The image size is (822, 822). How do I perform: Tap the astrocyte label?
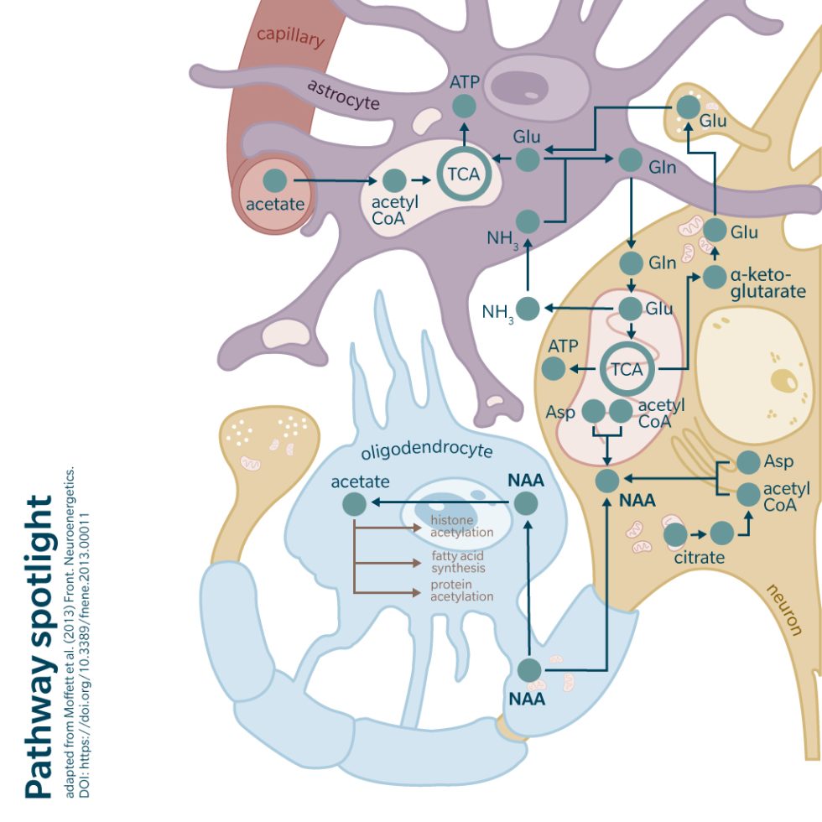[x=343, y=96]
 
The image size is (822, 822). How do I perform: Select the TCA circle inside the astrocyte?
[x=463, y=174]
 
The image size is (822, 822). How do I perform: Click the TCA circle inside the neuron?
[x=626, y=369]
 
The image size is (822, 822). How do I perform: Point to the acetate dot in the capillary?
[x=274, y=179]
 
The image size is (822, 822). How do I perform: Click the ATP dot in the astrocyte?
[x=464, y=107]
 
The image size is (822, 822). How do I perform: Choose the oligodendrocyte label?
[x=426, y=451]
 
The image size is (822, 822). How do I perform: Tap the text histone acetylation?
[x=460, y=527]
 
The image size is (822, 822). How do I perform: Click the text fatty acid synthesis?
[x=458, y=561]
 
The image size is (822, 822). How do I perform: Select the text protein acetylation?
[x=461, y=591]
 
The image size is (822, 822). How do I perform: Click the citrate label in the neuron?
[x=699, y=556]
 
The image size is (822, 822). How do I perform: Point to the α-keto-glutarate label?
[x=767, y=284]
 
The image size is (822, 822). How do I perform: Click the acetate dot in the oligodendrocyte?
[x=355, y=503]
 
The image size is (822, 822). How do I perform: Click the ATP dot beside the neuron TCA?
[x=553, y=367]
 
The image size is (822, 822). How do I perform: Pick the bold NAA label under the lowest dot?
[x=528, y=698]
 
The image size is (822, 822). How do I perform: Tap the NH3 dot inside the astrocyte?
[x=528, y=221]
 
